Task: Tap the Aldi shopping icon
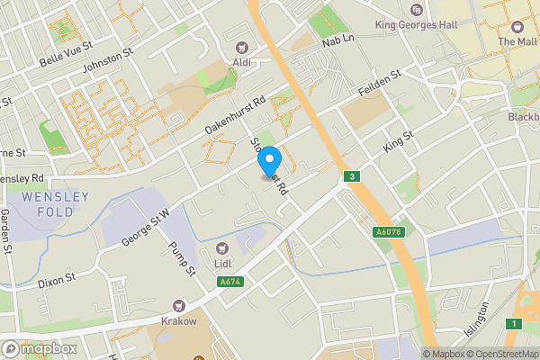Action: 241,48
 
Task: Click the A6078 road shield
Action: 387,232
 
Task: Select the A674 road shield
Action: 229,282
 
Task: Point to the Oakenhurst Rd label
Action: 237,117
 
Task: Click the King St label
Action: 398,140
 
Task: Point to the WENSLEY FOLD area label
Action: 56,204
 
